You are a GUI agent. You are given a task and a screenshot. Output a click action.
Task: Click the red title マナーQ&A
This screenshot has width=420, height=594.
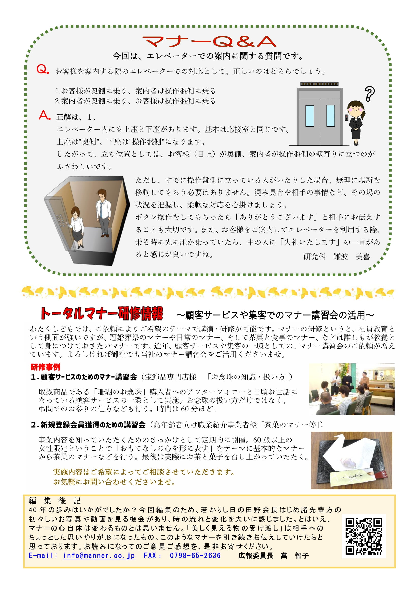coord(209,41)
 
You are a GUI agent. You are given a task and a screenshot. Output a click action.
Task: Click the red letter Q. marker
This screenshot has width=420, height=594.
coord(43,69)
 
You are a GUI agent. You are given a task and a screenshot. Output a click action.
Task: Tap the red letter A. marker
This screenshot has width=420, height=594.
coord(44,115)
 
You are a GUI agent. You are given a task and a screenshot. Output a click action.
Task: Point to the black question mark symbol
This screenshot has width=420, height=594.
coord(369,93)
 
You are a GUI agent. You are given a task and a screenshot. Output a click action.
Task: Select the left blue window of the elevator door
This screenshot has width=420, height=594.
coord(310,116)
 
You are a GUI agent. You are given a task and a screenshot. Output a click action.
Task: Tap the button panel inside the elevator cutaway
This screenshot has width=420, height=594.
coord(61,220)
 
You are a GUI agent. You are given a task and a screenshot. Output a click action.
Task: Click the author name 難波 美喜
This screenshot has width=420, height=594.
coord(351,256)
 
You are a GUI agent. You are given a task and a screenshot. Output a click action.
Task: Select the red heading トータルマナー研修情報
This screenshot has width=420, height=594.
coord(102,314)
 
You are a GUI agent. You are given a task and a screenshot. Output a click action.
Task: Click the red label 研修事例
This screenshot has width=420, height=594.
coord(45,367)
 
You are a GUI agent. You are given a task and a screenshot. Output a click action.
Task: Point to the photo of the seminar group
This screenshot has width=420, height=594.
coord(351,389)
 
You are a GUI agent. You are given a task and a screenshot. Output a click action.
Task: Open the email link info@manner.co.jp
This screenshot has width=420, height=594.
coord(99,555)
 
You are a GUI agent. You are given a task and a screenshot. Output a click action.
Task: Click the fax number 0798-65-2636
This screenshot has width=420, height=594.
coord(195,555)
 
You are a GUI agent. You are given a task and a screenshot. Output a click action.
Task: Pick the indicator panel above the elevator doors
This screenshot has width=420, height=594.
coord(319,84)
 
